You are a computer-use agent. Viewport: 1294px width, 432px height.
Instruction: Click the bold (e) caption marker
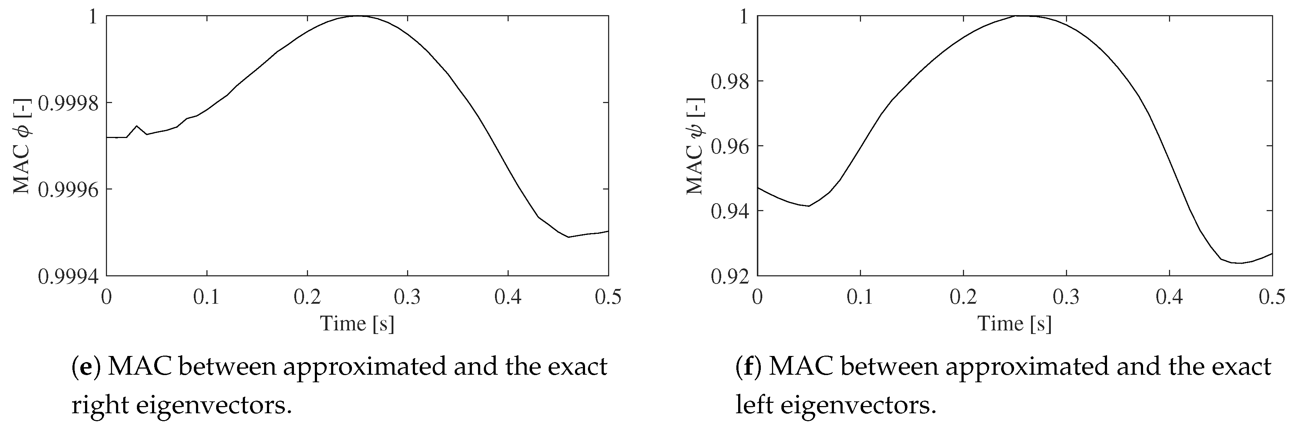click(86, 367)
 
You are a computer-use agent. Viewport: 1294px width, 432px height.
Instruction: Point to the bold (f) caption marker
click(749, 367)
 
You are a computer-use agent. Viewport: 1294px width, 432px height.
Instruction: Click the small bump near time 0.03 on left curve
click(137, 126)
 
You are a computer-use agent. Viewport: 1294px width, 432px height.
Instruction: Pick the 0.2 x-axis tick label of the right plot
click(963, 297)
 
